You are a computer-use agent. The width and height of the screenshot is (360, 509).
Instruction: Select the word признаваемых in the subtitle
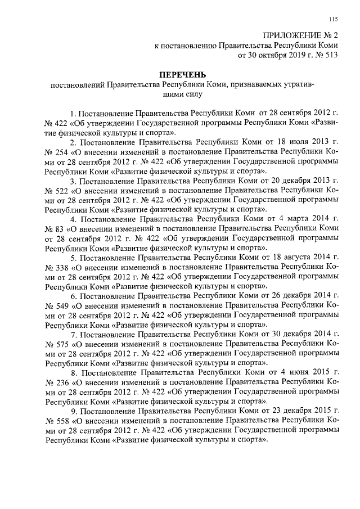pos(256,85)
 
